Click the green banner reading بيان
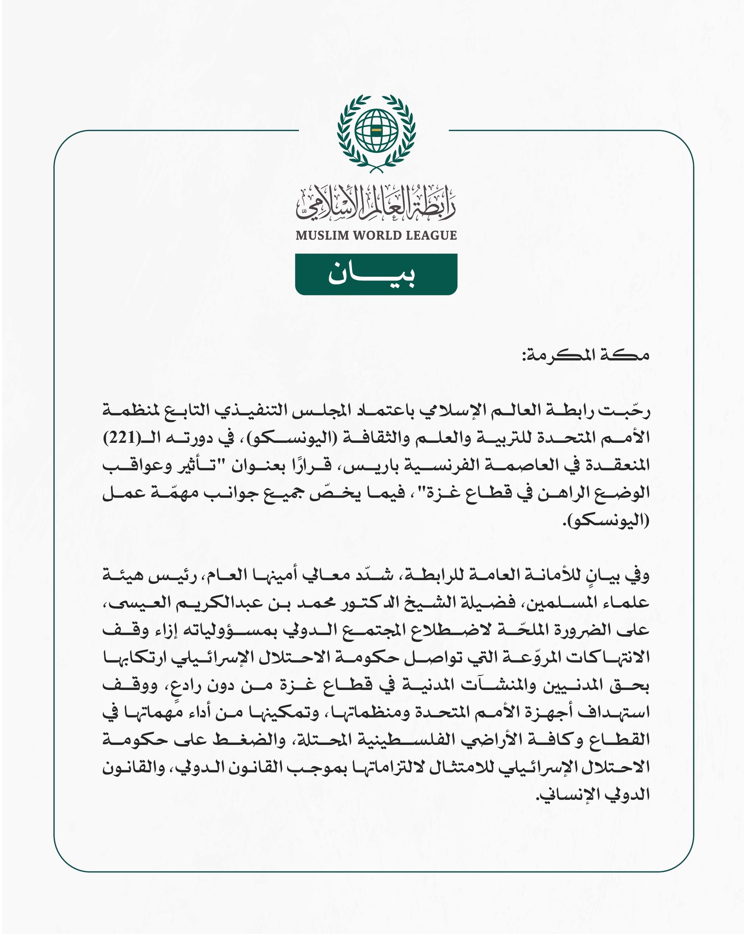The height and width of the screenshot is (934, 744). [376, 274]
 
